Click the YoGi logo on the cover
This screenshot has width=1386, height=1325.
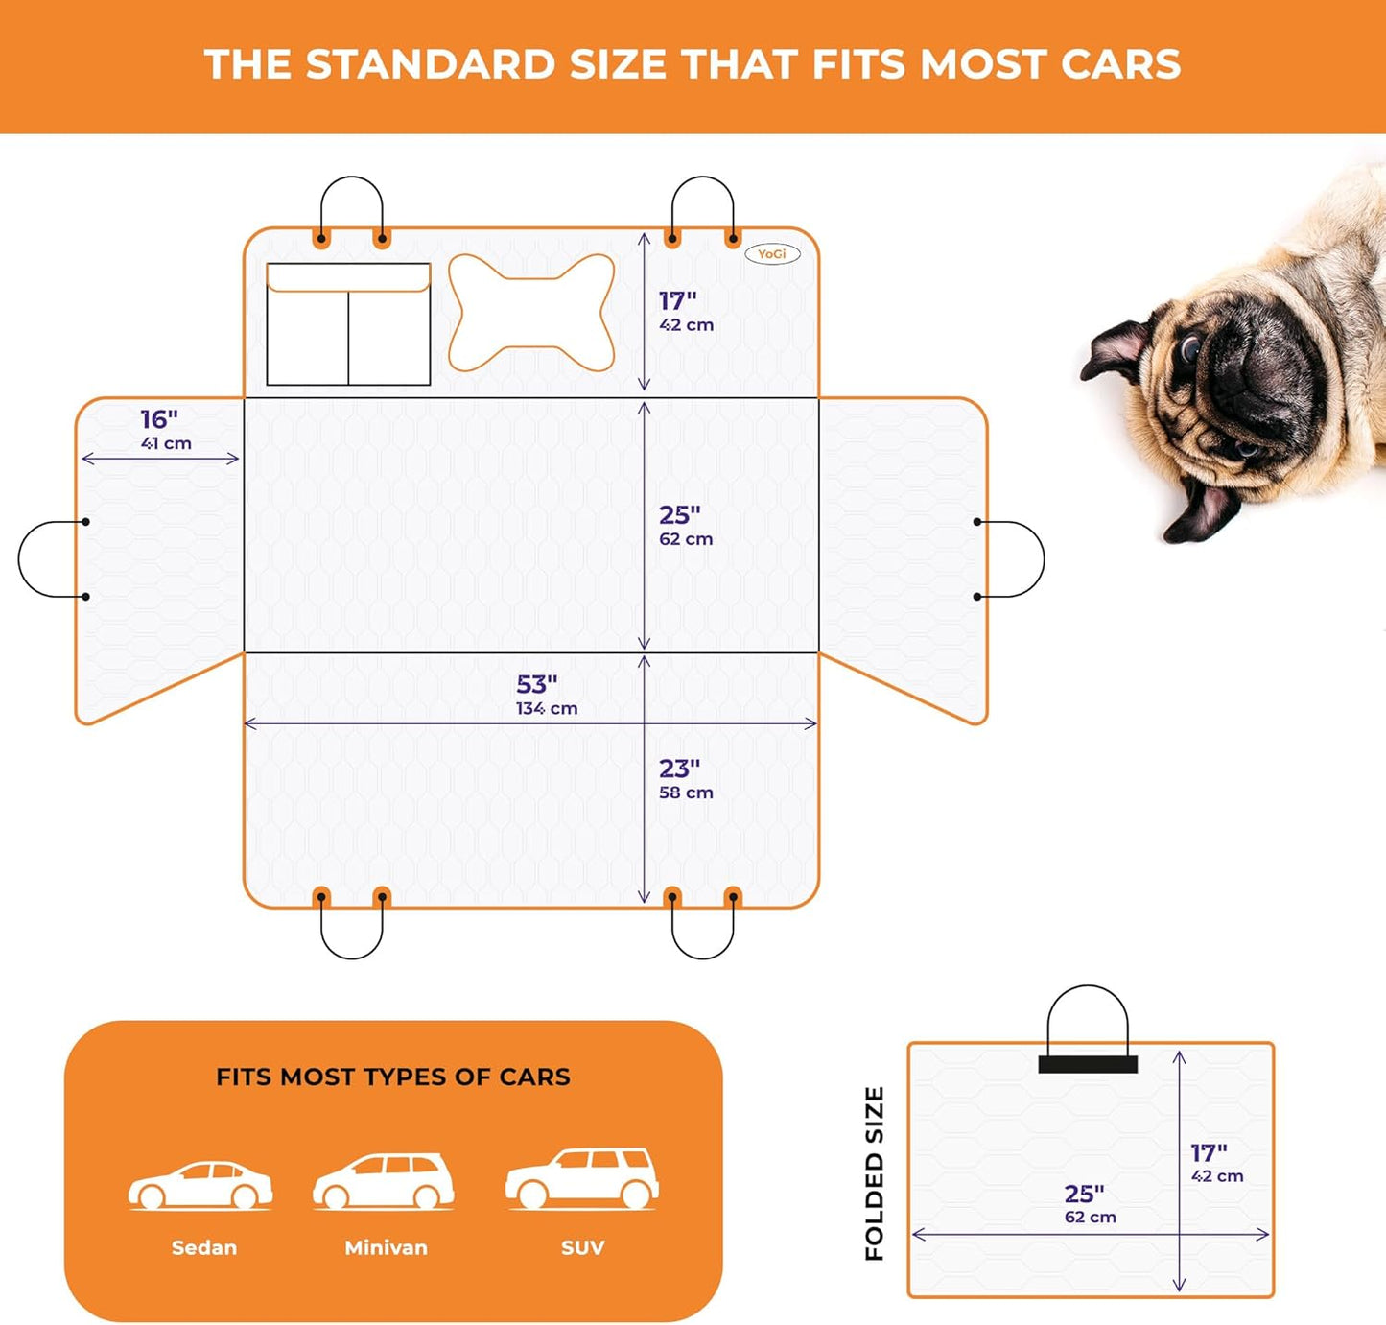click(772, 254)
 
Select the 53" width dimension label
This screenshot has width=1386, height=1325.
click(537, 684)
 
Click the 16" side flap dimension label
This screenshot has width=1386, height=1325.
click(159, 419)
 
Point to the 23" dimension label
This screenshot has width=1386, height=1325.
click(679, 769)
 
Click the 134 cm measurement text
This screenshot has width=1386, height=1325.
click(547, 709)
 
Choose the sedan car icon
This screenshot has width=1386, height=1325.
click(200, 1185)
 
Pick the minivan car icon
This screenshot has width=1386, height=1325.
click(384, 1181)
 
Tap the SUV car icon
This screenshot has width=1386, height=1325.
click(582, 1177)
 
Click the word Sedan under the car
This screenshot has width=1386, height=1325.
click(204, 1247)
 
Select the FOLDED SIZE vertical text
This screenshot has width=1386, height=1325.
click(874, 1173)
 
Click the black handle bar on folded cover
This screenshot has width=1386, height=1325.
click(1088, 1064)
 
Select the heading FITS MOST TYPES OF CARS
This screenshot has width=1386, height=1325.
click(393, 1077)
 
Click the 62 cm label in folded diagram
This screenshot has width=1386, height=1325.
click(1091, 1218)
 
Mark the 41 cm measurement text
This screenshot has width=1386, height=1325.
click(166, 443)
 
